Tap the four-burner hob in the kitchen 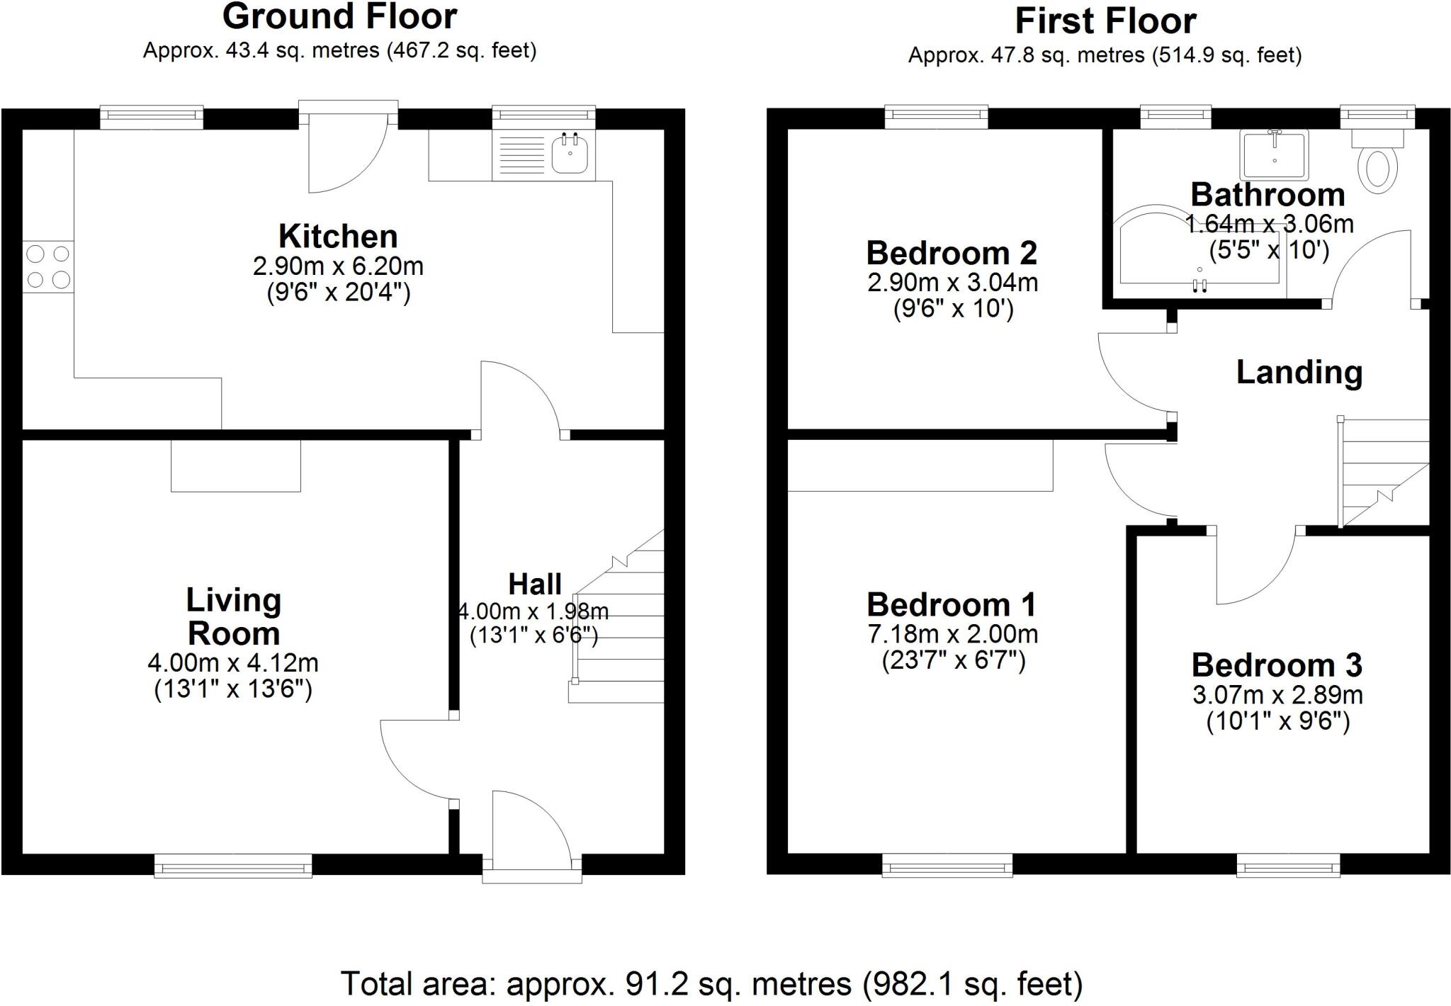pos(48,267)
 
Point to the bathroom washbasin pos(1274,154)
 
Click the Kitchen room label pos(338,236)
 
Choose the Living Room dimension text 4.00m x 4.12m pos(233,663)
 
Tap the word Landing pos(1299,373)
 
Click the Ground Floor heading pos(339,16)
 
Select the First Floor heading pos(1105,21)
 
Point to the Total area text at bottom pos(712,983)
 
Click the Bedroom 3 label pos(1277,665)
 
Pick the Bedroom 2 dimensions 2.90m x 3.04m pos(953,283)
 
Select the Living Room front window pos(233,866)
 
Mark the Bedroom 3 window pos(1288,865)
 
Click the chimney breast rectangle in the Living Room pos(236,465)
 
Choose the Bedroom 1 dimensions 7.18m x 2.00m pos(953,633)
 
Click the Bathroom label pos(1267,194)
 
